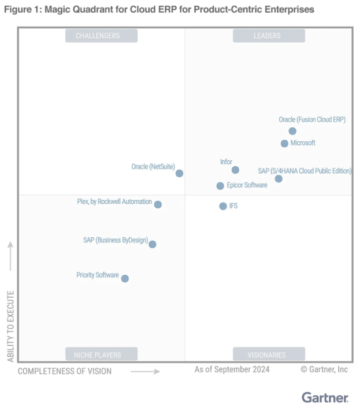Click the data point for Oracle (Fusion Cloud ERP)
click(x=292, y=131)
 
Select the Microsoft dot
click(x=284, y=143)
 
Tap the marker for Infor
click(x=235, y=170)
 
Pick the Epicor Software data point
click(x=220, y=186)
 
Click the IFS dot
click(x=223, y=206)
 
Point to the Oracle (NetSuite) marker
click(x=179, y=173)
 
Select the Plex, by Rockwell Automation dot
click(x=158, y=204)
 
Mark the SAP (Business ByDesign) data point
click(x=152, y=244)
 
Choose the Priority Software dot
click(x=125, y=279)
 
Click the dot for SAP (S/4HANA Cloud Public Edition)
click(x=279, y=179)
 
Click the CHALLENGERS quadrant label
click(x=101, y=36)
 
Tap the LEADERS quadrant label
click(x=268, y=36)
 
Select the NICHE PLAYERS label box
click(x=101, y=354)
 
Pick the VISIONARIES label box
click(x=268, y=354)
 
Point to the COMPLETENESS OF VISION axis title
click(x=65, y=371)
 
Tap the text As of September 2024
click(x=232, y=369)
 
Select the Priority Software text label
click(x=98, y=275)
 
